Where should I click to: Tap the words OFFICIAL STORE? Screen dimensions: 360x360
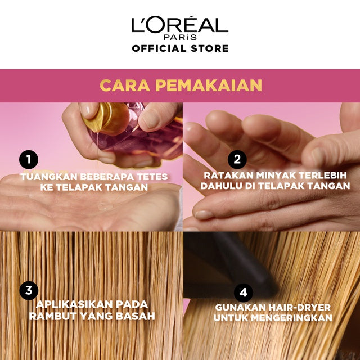[x=180, y=48]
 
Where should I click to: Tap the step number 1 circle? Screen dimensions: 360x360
[x=28, y=160]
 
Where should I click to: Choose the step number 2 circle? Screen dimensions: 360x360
[x=237, y=159]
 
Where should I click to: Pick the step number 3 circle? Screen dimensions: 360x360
[x=28, y=290]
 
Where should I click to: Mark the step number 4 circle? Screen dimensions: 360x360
[x=244, y=292]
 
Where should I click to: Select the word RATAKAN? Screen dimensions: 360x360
[x=219, y=175]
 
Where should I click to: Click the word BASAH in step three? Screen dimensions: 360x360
[x=135, y=316]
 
